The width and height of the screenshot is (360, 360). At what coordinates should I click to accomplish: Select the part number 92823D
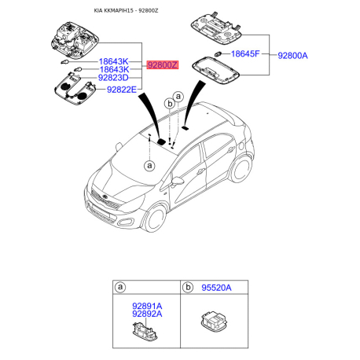[118, 79]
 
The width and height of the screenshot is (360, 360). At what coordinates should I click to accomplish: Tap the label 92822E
[118, 90]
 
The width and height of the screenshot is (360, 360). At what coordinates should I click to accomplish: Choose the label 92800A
[297, 57]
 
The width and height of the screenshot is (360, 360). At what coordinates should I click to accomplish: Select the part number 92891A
[145, 306]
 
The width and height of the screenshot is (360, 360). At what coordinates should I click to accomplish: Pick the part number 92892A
[145, 314]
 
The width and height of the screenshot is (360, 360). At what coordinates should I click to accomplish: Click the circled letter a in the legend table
[120, 288]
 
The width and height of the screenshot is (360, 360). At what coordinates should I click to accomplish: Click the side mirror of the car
[179, 182]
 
